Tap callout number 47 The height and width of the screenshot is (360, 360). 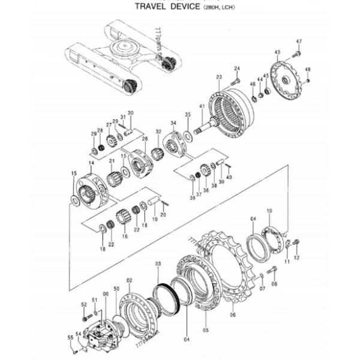299,41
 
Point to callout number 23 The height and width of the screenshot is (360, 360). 219,77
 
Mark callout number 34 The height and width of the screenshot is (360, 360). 173,123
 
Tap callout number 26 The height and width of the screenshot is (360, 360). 145,139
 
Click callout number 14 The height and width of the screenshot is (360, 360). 91,163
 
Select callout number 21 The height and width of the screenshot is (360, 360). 112,161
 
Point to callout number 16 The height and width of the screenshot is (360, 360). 125,236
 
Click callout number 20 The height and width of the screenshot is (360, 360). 163,215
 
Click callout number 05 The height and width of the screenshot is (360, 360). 205,330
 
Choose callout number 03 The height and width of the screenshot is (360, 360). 158,264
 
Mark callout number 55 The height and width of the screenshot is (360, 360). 70,338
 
